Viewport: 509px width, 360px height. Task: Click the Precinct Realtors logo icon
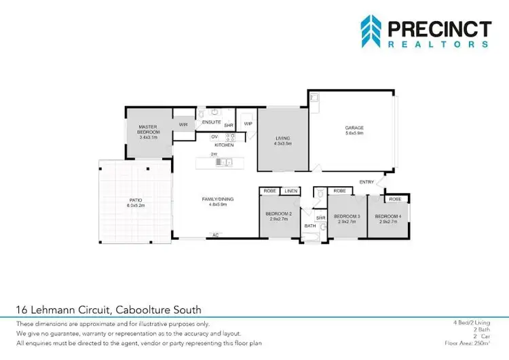tap(371, 32)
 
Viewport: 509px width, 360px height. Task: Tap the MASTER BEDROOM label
tap(148, 129)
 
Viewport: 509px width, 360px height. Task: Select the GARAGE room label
tap(354, 128)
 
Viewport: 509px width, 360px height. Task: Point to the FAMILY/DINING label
tap(217, 199)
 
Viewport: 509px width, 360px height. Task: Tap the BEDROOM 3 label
tap(346, 217)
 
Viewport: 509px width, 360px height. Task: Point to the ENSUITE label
tap(212, 122)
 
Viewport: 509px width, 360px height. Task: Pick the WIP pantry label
tap(248, 124)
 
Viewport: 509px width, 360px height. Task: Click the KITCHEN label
tap(224, 145)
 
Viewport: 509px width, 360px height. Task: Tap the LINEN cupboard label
tap(290, 192)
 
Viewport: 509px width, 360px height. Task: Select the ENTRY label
tap(366, 181)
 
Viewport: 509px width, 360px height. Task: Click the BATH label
tap(309, 226)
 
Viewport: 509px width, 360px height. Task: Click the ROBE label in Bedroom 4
tap(395, 199)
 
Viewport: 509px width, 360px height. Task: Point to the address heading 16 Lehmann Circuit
tap(109, 310)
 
